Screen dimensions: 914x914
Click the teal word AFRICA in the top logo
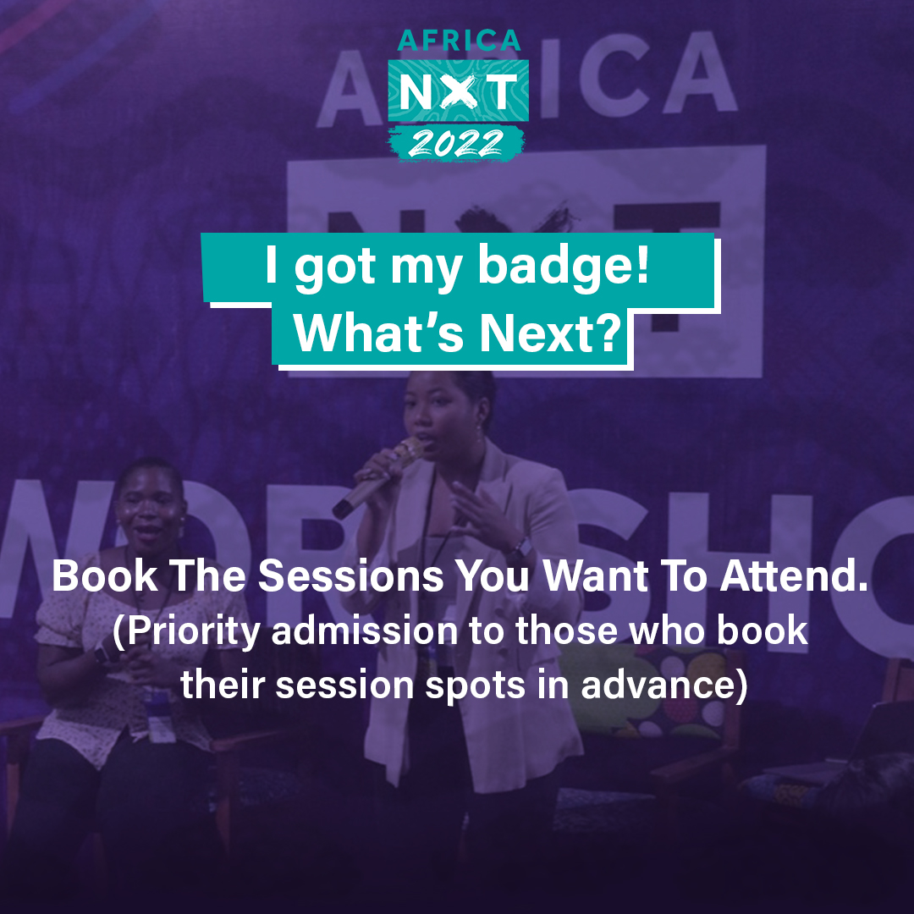459,41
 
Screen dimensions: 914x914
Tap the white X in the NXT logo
458,91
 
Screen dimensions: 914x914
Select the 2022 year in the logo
456,143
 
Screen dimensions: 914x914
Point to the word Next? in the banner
551,333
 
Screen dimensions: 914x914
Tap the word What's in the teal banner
379,333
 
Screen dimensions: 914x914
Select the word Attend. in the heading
794,576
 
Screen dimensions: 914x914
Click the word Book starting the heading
105,576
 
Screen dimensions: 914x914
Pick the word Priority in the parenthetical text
186,632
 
